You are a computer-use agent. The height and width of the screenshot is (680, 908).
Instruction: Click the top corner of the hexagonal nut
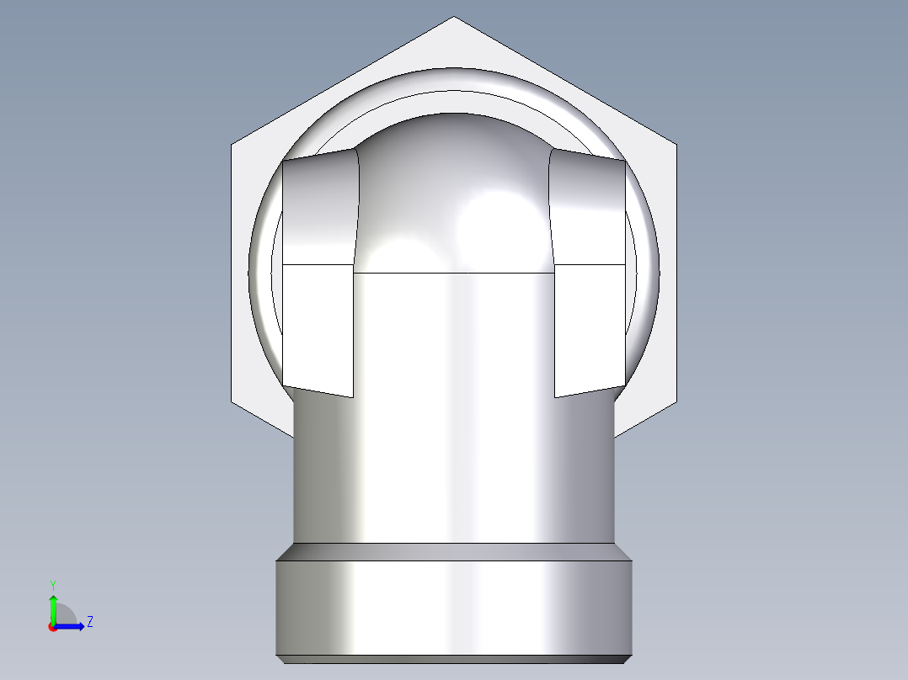click(x=453, y=18)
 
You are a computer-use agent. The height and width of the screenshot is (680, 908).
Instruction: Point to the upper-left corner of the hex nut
click(x=232, y=145)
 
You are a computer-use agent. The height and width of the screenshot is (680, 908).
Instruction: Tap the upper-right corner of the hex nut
click(x=675, y=145)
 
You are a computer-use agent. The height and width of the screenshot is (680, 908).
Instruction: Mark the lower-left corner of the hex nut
click(x=233, y=401)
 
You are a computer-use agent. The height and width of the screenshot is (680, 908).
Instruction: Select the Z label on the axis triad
click(x=89, y=622)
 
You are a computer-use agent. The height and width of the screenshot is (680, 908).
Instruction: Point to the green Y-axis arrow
click(x=52, y=604)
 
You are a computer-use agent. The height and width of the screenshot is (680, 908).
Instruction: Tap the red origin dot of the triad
click(x=52, y=627)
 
